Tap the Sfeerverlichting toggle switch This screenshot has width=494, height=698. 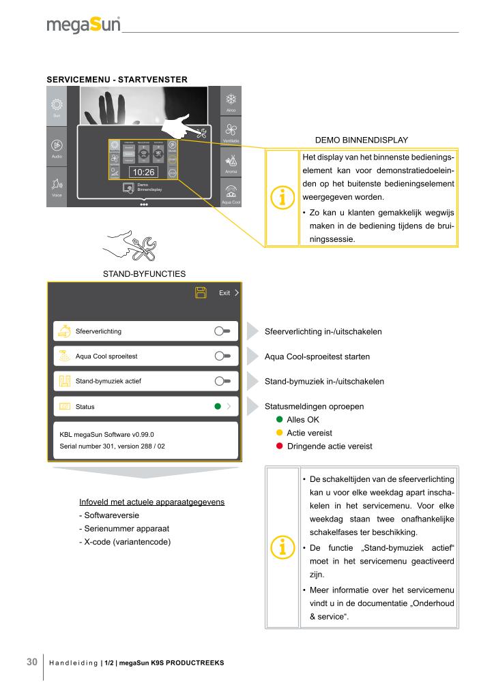coord(222,331)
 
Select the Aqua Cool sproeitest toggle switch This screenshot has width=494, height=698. coord(222,356)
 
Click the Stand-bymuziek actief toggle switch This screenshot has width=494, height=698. coord(222,381)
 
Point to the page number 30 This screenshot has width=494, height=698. coord(31,662)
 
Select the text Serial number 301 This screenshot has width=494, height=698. coord(86,446)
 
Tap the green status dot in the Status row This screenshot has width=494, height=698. coord(217,406)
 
